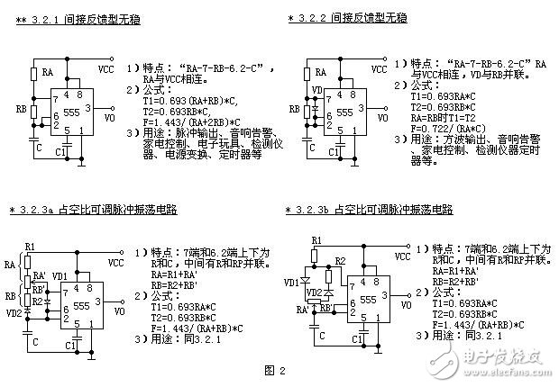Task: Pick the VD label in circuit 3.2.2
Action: (315, 91)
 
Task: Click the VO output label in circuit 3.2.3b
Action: (408, 306)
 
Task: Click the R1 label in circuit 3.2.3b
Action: (316, 240)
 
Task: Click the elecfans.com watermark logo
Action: (490, 361)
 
